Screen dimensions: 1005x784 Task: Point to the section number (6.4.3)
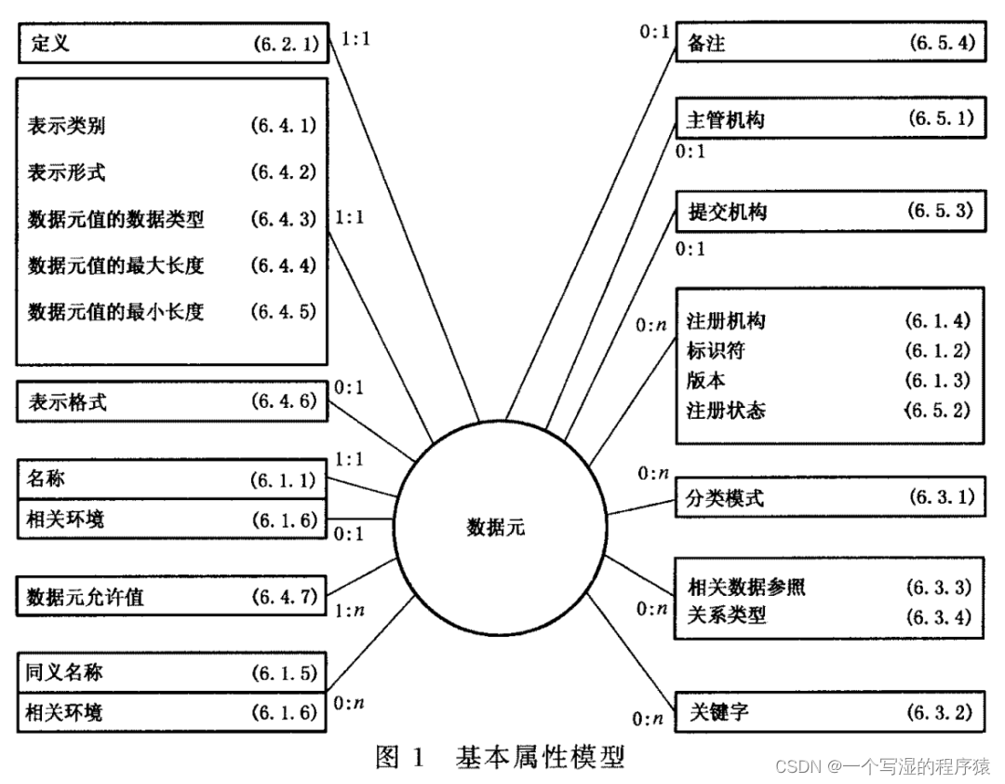tap(283, 220)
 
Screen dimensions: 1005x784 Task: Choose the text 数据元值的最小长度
tap(115, 311)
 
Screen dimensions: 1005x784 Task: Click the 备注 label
tap(706, 43)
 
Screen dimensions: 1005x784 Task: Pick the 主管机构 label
tap(726, 120)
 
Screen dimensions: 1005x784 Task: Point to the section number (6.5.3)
tap(940, 210)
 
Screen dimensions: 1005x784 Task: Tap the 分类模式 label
tap(726, 497)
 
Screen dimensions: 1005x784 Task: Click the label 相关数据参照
tap(746, 587)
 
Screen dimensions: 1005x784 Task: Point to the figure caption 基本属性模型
tap(540, 757)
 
